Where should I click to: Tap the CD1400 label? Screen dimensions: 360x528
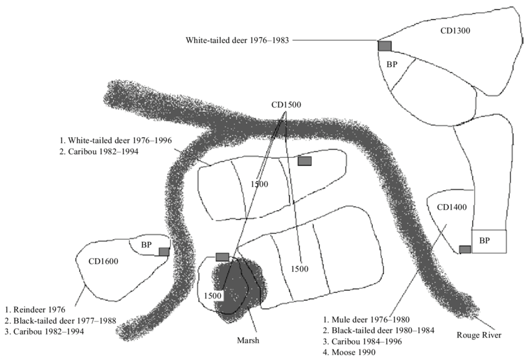click(452, 207)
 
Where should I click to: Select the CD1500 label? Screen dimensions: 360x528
click(286, 105)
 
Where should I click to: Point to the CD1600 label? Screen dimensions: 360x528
click(103, 261)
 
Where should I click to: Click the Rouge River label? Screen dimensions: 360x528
click(478, 335)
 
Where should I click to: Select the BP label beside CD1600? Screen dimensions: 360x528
click(147, 244)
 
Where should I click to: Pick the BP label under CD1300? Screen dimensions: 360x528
click(392, 65)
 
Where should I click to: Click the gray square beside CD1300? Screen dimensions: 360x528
click(385, 45)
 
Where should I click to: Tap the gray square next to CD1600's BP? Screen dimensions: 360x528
click(164, 251)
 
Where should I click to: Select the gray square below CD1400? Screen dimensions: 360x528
click(465, 249)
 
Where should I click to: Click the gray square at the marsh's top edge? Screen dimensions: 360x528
click(222, 257)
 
